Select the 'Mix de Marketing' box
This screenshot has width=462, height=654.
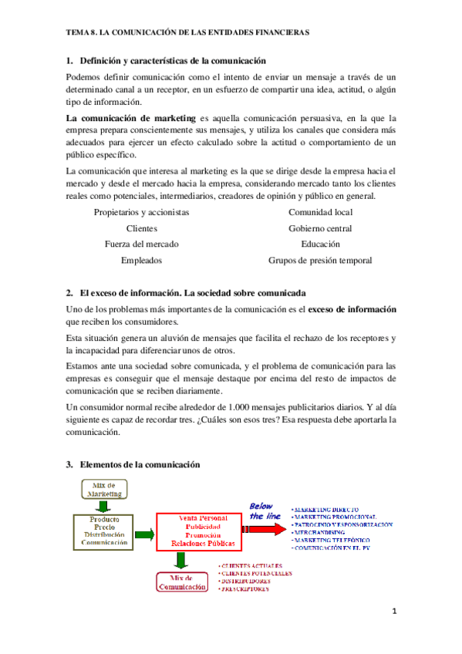point(104,489)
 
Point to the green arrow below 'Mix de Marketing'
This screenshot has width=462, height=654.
point(103,507)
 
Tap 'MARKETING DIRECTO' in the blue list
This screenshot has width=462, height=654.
point(326,510)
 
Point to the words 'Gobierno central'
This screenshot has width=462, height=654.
point(320,228)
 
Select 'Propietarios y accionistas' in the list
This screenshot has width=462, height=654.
point(141,212)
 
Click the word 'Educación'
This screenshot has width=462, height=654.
point(320,244)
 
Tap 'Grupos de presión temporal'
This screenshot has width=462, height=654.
point(320,261)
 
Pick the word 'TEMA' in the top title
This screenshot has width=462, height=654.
point(78,33)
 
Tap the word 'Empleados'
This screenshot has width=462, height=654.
point(141,261)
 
